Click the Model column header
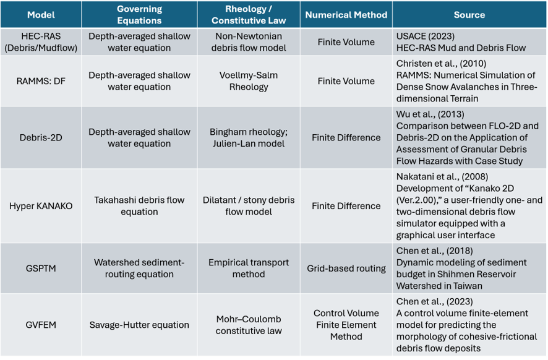(41, 15)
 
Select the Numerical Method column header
(346, 15)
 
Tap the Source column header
(469, 15)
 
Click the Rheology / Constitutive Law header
(249, 15)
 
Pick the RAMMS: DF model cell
(41, 81)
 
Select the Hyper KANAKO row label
(41, 206)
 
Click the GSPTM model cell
(41, 268)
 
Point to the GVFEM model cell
(41, 325)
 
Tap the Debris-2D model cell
(41, 138)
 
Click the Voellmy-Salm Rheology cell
(249, 81)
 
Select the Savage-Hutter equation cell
(139, 325)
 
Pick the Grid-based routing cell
(346, 268)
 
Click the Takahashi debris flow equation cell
(139, 206)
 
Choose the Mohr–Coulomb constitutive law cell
(249, 325)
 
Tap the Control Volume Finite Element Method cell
(346, 325)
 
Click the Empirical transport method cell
(249, 268)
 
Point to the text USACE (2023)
(426, 36)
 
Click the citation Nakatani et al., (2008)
(442, 177)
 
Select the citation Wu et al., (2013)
(430, 114)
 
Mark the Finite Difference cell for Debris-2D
(346, 138)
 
